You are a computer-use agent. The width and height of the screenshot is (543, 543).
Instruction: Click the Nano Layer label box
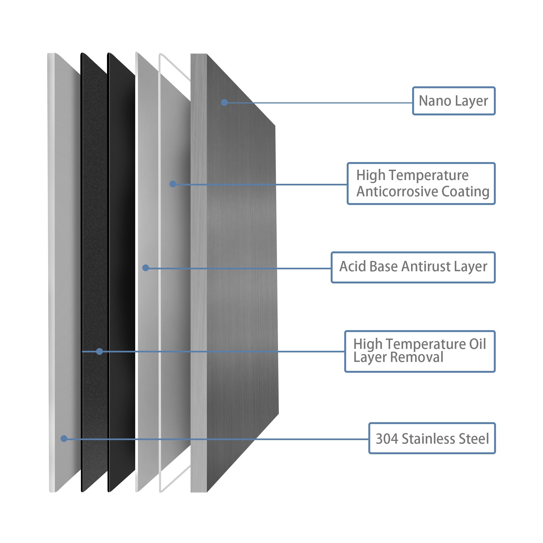coord(454,101)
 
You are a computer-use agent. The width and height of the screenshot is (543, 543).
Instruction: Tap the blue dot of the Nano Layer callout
coord(224,102)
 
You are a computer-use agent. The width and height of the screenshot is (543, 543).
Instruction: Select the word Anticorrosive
coord(398,192)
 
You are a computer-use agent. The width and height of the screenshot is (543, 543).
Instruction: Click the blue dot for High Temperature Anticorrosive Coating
coord(173,184)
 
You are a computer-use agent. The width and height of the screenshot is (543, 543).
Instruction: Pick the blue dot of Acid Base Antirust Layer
coord(146,268)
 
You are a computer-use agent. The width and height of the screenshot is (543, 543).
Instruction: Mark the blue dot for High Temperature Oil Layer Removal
coord(99,351)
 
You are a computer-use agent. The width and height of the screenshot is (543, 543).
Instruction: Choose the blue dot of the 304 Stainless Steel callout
coord(64,438)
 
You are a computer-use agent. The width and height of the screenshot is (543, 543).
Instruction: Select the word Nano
coord(435,101)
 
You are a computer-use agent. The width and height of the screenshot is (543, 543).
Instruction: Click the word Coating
coord(465,192)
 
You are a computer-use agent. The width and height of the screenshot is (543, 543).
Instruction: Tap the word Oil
coord(478,344)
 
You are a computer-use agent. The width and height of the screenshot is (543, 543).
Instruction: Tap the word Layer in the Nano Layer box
coord(472,101)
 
